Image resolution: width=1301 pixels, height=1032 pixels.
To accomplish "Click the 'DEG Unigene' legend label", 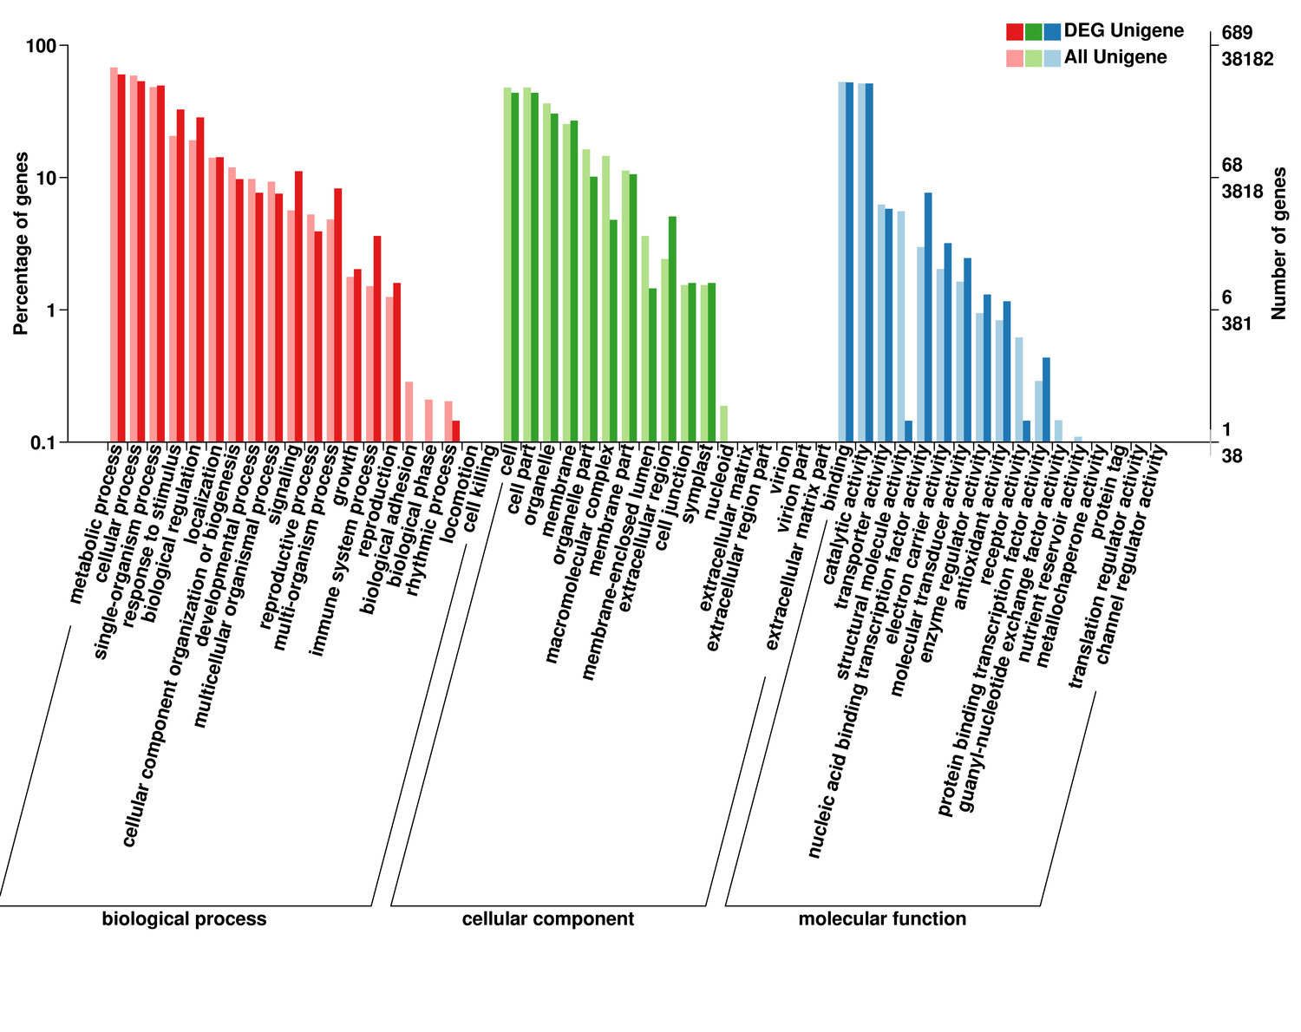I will tap(1123, 31).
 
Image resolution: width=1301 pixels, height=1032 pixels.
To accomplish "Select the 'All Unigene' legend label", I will tap(1115, 58).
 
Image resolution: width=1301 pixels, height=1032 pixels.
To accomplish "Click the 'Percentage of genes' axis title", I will tap(21, 244).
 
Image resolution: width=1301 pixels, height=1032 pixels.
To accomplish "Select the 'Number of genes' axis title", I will tap(1278, 244).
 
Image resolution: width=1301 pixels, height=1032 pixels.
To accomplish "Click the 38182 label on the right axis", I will tap(1247, 60).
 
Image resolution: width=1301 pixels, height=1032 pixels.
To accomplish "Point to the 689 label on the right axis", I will tap(1237, 34).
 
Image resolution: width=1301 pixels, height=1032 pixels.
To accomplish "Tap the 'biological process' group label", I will tap(184, 919).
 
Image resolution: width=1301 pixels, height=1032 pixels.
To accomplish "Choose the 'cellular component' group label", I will tap(547, 919).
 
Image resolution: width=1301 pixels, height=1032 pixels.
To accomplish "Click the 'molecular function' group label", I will tap(882, 919).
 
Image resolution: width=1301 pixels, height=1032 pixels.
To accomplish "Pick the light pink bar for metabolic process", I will tap(114, 255).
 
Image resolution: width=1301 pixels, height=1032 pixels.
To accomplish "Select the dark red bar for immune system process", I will tap(377, 339).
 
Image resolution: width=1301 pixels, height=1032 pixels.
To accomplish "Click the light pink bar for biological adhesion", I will tap(409, 412).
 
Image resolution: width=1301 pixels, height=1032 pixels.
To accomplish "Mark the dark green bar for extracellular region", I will tap(672, 330).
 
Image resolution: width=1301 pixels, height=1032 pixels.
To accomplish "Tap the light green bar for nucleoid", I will tap(723, 424).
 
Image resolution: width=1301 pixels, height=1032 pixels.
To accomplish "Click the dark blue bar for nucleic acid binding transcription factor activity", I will tap(928, 317).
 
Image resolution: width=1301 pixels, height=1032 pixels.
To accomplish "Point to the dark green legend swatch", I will tap(1033, 32).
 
